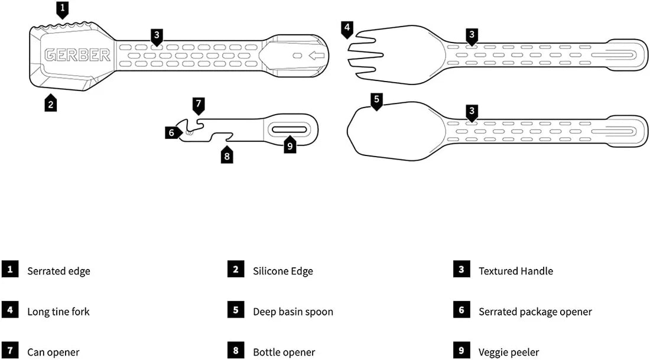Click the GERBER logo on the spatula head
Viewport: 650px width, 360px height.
click(77, 55)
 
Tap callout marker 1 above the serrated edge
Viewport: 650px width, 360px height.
click(63, 9)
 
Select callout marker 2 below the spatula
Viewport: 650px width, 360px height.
click(51, 104)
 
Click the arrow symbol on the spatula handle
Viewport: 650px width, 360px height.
click(317, 56)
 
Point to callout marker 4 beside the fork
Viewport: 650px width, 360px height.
click(347, 28)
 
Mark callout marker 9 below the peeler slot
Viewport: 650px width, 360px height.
click(290, 146)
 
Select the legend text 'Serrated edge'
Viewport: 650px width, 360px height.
click(58, 271)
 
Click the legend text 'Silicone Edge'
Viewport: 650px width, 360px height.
click(283, 271)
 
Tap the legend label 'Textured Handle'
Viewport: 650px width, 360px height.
click(516, 271)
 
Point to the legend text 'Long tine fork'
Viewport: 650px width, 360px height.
click(58, 312)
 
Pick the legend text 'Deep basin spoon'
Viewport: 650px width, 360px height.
click(293, 312)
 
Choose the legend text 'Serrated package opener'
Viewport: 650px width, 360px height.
click(535, 312)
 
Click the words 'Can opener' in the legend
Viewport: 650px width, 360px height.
click(53, 352)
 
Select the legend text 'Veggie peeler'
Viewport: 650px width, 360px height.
click(509, 352)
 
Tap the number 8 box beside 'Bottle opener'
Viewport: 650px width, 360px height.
click(235, 351)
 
